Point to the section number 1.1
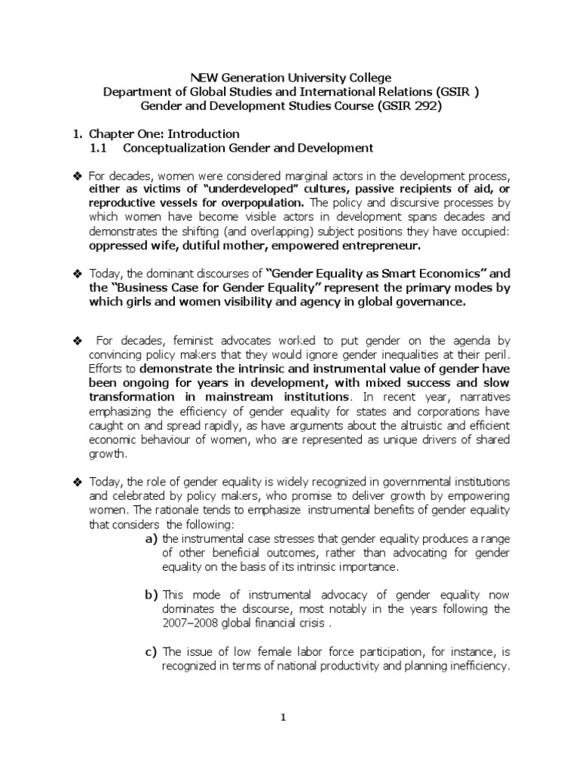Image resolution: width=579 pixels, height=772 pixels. click(x=100, y=148)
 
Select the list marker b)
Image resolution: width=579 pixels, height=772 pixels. click(x=151, y=594)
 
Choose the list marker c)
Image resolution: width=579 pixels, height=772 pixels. click(x=151, y=651)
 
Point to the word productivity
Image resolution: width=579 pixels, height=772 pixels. click(x=345, y=666)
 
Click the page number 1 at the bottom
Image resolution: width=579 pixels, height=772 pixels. click(x=283, y=718)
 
